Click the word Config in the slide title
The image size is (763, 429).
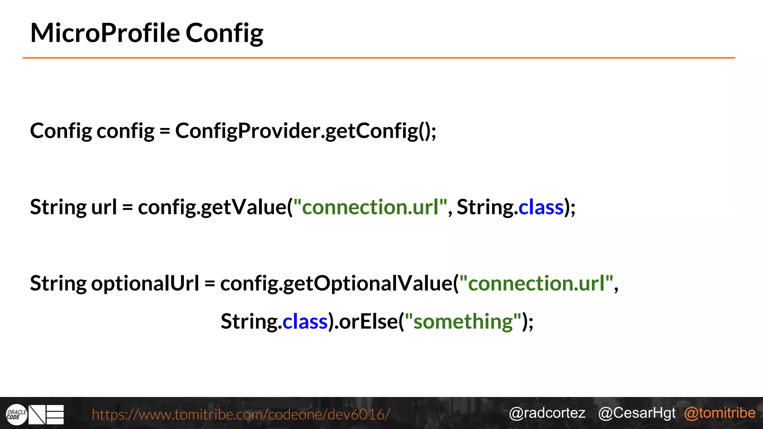[x=224, y=34]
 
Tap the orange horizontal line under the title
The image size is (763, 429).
[x=379, y=58]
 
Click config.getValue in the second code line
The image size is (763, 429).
[x=212, y=207]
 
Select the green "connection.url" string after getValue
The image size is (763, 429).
[x=370, y=207]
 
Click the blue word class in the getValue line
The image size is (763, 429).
[x=541, y=207]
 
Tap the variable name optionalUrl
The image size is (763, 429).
[x=145, y=283]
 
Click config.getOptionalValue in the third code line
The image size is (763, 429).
[x=336, y=284]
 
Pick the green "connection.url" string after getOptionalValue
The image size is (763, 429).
[x=536, y=283]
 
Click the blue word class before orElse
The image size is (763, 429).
[x=305, y=321]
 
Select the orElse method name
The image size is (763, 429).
[x=368, y=321]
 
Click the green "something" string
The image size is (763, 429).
[x=463, y=321]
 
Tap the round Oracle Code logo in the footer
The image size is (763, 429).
[x=16, y=414]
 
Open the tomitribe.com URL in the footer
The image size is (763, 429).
[x=241, y=414]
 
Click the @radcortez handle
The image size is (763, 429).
[x=547, y=413]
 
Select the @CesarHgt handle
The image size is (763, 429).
[x=637, y=413]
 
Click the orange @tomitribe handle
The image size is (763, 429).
[x=719, y=413]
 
